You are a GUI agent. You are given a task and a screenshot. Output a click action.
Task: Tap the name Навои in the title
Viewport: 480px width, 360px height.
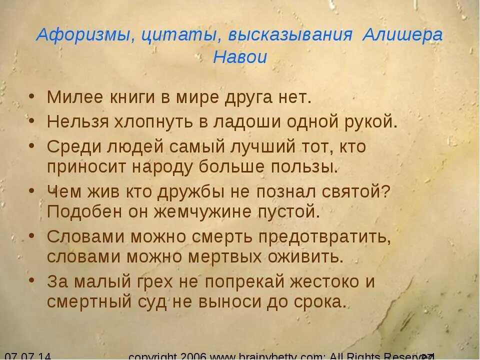[x=240, y=57]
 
